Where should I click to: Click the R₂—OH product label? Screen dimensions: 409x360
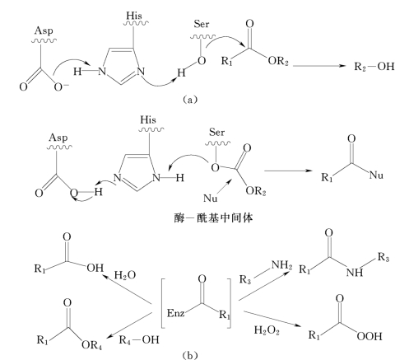point(374,67)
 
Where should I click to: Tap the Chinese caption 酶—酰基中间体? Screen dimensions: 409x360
point(213,218)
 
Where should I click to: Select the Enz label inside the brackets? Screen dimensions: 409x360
point(175,313)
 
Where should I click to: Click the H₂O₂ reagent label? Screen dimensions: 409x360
point(267,330)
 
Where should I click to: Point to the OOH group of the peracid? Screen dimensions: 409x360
point(369,336)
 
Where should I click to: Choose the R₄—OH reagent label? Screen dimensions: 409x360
point(139,340)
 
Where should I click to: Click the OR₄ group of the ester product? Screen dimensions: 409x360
point(91,345)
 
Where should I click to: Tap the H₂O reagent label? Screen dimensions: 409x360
point(125,275)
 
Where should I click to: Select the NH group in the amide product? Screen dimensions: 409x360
point(355,272)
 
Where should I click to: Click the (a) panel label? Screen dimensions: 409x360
point(190,99)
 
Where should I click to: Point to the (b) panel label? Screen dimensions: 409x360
point(190,355)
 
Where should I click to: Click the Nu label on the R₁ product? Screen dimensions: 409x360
point(376,175)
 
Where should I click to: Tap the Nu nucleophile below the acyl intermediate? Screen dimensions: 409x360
point(211,198)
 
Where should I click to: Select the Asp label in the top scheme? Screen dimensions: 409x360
point(44,31)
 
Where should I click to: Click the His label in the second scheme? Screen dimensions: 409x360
point(148,119)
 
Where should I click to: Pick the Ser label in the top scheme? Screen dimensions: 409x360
point(202,24)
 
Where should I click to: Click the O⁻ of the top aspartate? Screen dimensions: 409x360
point(61,86)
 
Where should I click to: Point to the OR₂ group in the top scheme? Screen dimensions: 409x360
point(278,61)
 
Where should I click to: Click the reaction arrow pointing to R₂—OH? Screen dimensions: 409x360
point(319,66)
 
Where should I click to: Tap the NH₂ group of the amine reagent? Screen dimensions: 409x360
point(281,265)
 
